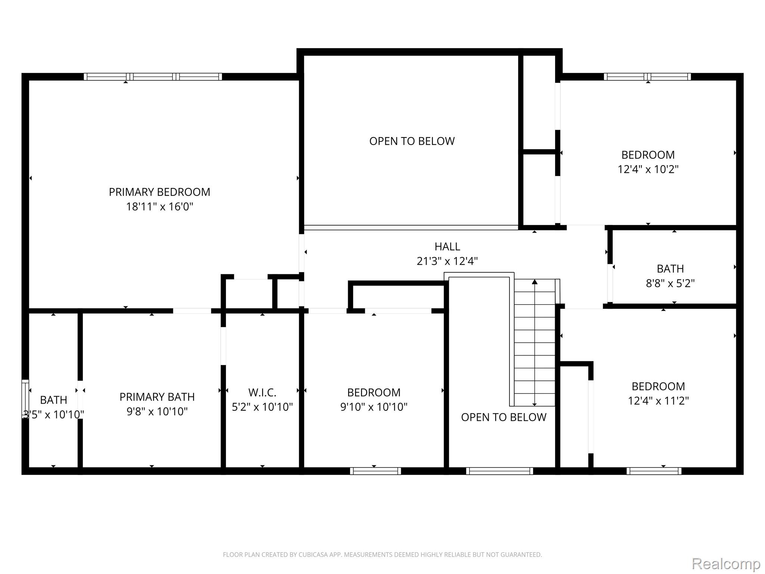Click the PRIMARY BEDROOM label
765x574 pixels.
[x=159, y=192]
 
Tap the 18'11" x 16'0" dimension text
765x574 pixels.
[x=159, y=207]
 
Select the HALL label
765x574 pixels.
[x=447, y=247]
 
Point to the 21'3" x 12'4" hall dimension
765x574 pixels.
[x=447, y=261]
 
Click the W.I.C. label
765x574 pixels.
[x=262, y=392]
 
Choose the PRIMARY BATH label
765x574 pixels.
[x=157, y=397]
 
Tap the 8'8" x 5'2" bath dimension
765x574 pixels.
[x=670, y=283]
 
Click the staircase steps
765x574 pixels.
[x=535, y=344]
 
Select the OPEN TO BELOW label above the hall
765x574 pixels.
[x=412, y=141]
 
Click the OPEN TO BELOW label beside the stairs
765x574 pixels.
[x=504, y=417]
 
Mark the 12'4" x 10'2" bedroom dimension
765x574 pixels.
[x=648, y=169]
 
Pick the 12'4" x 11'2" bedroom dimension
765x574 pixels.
[x=658, y=401]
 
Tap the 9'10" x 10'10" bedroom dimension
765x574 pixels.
[x=374, y=407]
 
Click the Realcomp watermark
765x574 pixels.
[x=726, y=564]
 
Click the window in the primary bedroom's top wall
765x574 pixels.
[x=153, y=77]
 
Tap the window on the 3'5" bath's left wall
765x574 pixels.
[x=25, y=399]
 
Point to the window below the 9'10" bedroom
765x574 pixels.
[x=375, y=471]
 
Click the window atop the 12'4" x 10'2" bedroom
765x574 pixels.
[x=647, y=77]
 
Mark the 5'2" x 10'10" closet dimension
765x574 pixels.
[x=262, y=407]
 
